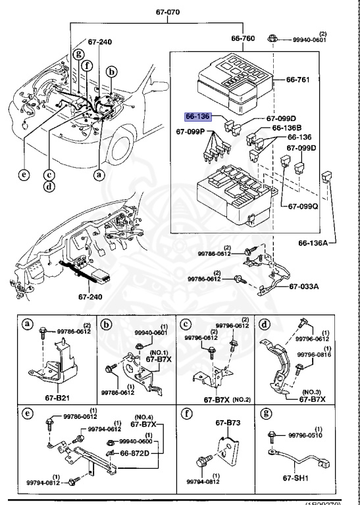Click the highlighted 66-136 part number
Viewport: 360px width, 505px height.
tap(198, 116)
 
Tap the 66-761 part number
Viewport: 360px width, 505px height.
tap(299, 80)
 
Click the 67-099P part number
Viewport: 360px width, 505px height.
tap(192, 131)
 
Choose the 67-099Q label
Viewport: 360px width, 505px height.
tap(301, 206)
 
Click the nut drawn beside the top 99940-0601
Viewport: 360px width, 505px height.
tap(272, 39)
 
